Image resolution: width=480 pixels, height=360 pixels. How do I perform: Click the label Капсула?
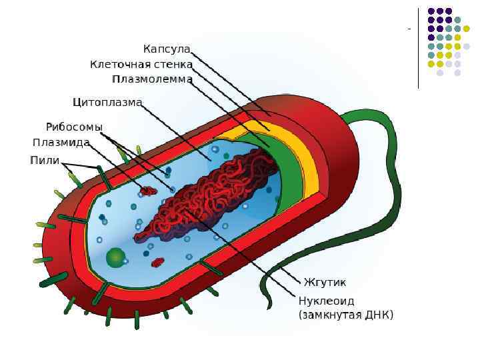tap(167, 49)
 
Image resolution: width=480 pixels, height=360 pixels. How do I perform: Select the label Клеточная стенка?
tap(141, 65)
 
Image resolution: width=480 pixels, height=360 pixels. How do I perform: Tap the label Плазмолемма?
tap(152, 79)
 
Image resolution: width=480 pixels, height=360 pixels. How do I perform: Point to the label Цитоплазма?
tap(107, 103)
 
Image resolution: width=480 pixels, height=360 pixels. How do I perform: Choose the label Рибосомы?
tap(74, 127)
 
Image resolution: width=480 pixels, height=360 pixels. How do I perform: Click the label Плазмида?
tap(61, 143)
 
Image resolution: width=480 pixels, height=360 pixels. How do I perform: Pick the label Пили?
tap(45, 160)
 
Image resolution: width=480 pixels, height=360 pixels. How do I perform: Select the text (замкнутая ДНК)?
tap(345, 315)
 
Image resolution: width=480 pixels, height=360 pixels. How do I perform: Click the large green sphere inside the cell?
tap(116, 257)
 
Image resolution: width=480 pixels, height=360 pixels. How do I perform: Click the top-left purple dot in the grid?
tap(431, 11)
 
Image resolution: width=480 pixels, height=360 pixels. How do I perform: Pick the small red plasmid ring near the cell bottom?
tap(158, 262)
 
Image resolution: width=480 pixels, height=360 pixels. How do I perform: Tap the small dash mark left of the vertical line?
tap(408, 29)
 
